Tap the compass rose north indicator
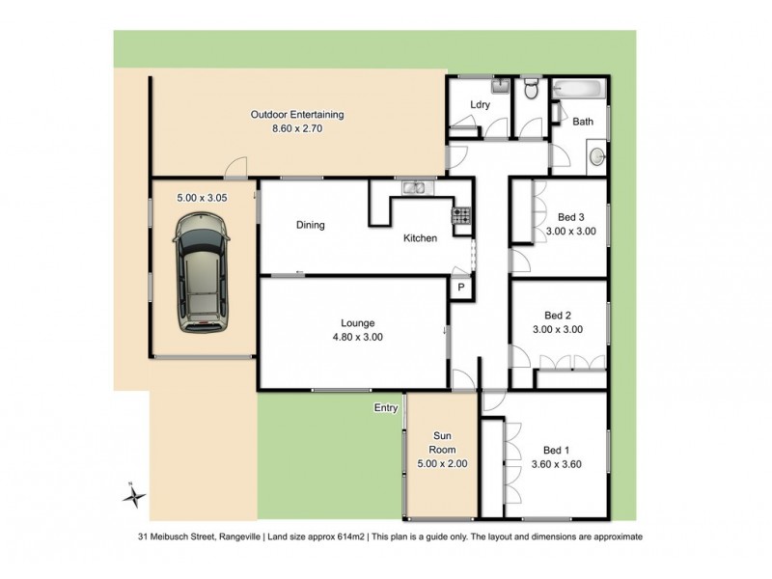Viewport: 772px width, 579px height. [136, 496]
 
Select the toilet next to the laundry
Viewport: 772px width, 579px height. [529, 91]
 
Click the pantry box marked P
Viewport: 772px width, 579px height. [461, 288]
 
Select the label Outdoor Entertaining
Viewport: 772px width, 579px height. [296, 115]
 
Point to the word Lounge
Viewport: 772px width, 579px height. [356, 323]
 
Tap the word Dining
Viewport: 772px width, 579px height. [310, 226]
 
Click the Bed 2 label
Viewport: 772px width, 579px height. [558, 315]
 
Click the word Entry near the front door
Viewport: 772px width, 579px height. [386, 408]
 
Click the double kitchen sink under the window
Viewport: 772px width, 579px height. [416, 186]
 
